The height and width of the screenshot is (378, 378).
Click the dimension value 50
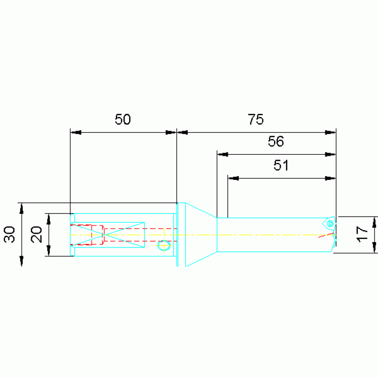tap(123, 119)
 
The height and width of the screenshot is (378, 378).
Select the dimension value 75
tap(256, 119)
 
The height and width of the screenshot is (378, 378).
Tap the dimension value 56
tap(276, 141)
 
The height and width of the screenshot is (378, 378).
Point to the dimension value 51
tap(281, 166)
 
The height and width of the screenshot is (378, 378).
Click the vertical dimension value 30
tap(9, 234)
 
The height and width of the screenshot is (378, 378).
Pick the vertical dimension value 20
tap(36, 234)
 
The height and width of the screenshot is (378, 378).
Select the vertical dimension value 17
tap(362, 234)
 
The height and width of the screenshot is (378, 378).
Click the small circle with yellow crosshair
tap(164, 245)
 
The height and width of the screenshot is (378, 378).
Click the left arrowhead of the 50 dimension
tap(76, 133)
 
